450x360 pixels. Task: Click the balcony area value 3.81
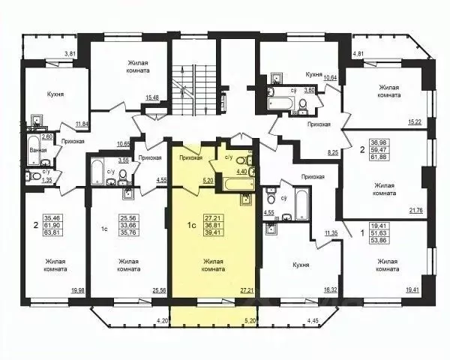tap(70, 54)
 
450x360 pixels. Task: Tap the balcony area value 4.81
tap(360, 54)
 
